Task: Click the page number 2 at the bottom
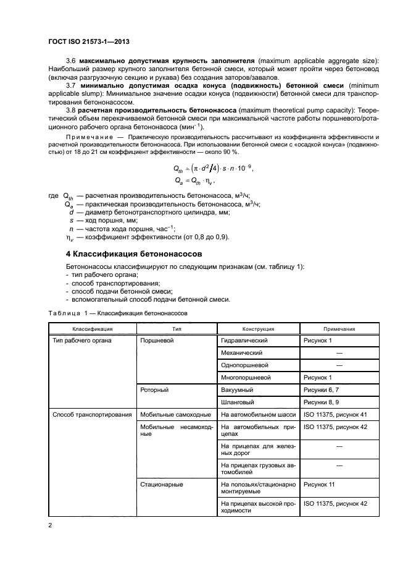[51, 525]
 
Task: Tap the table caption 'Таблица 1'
[64, 313]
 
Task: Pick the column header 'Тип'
[177, 329]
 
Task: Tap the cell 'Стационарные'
[162, 485]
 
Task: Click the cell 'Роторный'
[155, 390]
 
